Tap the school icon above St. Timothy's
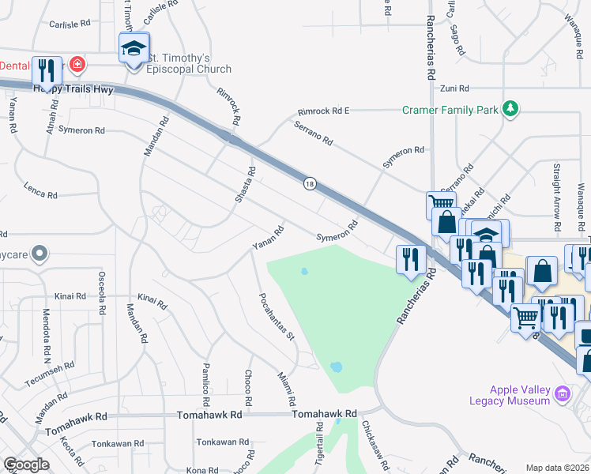coord(134,47)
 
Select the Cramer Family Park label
coord(450,110)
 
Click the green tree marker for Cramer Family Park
coord(511,109)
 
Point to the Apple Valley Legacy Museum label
coord(519,395)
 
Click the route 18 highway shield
coord(309,184)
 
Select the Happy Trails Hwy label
coord(73,90)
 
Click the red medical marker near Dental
coord(77,63)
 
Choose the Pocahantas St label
coord(277,317)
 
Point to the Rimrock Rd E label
coord(323,112)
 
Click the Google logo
coord(26,465)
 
